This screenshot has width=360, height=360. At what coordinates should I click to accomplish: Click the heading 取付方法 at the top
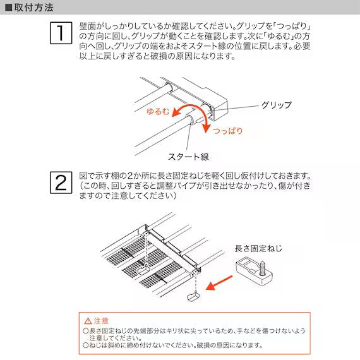[33, 8]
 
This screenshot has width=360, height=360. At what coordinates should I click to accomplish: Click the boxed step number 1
[60, 33]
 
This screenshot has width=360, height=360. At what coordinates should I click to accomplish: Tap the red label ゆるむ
[157, 111]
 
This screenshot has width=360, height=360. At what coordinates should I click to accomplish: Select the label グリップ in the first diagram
[276, 105]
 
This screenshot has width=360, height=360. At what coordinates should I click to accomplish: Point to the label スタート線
[188, 156]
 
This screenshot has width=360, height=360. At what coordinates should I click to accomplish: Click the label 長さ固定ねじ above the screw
[258, 249]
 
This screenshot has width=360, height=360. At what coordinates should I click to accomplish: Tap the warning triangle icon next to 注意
[87, 321]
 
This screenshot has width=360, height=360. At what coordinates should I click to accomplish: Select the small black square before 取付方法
[8, 8]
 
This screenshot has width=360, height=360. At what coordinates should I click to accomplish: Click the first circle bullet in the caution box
[85, 330]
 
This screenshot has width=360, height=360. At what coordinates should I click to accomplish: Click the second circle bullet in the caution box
[85, 345]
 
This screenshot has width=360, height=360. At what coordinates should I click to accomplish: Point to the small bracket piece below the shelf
[192, 297]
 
